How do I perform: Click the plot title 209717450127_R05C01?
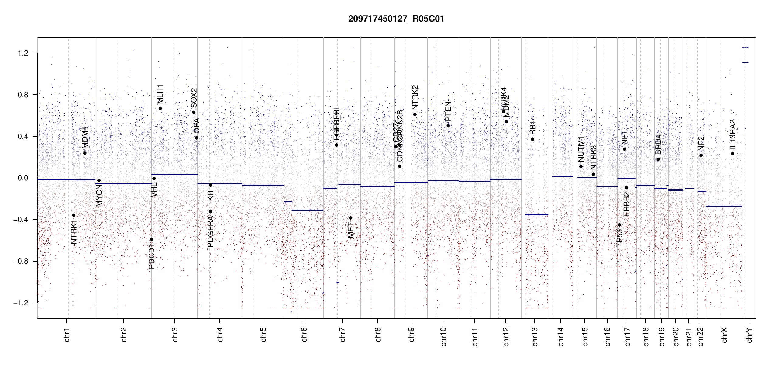point(396,19)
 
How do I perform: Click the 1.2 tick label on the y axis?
point(23,53)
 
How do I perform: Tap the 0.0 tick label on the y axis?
point(23,178)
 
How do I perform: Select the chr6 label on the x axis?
point(304,335)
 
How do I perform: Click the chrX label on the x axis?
point(725,335)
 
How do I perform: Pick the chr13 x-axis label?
point(535,336)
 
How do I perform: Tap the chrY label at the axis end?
point(749,335)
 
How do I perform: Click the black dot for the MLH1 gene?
point(160,109)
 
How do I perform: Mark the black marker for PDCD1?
point(152,239)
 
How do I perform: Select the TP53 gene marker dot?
point(619,225)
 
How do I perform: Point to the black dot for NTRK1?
point(74,215)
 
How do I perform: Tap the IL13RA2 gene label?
point(733,134)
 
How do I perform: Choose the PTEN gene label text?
point(448,111)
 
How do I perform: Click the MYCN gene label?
point(99,195)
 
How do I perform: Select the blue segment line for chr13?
point(537,215)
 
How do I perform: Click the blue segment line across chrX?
point(724,206)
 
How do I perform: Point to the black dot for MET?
point(351,218)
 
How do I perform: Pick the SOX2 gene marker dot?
point(194,112)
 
